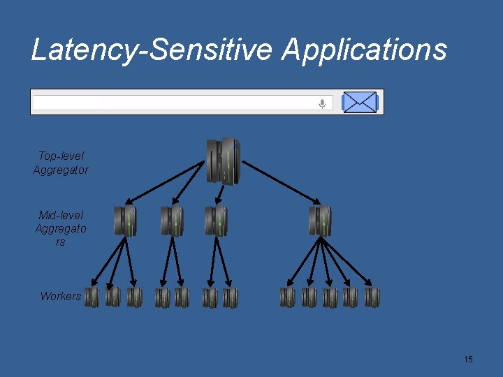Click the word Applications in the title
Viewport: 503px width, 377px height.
[x=364, y=50]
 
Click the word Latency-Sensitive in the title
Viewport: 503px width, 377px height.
[x=152, y=50]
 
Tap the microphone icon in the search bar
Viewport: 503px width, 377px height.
[x=322, y=103]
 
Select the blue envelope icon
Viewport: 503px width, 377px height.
[x=360, y=103]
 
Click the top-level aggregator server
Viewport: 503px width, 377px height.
[x=224, y=161]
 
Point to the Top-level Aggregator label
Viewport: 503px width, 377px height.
[x=61, y=163]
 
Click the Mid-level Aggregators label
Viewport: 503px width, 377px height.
[x=61, y=228]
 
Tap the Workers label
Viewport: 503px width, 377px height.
[x=60, y=296]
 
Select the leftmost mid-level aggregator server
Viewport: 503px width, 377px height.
[x=125, y=221]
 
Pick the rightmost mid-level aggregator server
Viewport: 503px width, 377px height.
[x=320, y=221]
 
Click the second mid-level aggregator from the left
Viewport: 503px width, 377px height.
[x=171, y=221]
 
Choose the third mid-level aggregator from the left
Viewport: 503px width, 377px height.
[x=216, y=221]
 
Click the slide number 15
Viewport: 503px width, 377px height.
[x=468, y=359]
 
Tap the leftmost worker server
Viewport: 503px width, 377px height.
[x=92, y=297]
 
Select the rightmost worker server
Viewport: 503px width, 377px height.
[x=372, y=297]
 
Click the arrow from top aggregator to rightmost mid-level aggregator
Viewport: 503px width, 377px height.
[x=279, y=185]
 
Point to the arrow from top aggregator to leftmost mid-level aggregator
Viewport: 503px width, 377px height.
[x=168, y=185]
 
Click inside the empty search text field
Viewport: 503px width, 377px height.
[x=175, y=103]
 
